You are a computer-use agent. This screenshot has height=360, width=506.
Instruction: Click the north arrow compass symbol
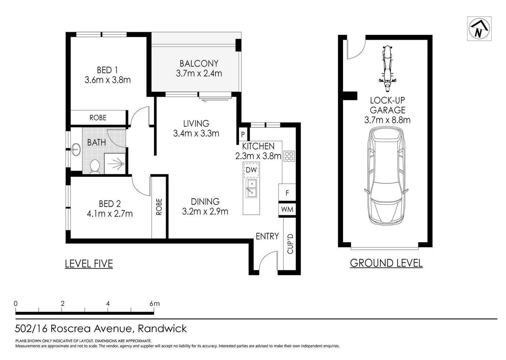[479, 29]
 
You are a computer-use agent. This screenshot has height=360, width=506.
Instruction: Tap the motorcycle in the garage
[387, 68]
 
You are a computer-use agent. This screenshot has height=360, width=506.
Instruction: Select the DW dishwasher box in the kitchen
[251, 170]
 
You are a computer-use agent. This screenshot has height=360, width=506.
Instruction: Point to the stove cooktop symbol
[289, 156]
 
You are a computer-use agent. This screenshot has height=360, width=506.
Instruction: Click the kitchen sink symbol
[251, 188]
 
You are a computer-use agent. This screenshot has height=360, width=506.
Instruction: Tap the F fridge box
[287, 193]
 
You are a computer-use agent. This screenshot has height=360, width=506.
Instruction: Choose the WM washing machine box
[287, 209]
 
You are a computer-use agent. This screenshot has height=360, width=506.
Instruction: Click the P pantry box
[243, 135]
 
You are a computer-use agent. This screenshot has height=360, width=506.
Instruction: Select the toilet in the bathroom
[95, 167]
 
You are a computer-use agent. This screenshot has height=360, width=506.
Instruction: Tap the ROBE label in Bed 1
[98, 118]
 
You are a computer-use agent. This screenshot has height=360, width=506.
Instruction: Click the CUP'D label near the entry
[290, 243]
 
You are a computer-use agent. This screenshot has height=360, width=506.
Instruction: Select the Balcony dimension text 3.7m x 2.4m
[199, 74]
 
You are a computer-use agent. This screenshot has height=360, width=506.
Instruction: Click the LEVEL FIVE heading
[89, 264]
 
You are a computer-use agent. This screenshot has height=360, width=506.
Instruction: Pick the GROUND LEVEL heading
[386, 263]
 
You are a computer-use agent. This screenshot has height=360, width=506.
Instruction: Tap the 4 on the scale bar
[108, 304]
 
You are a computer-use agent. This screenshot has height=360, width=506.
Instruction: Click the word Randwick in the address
[162, 329]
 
